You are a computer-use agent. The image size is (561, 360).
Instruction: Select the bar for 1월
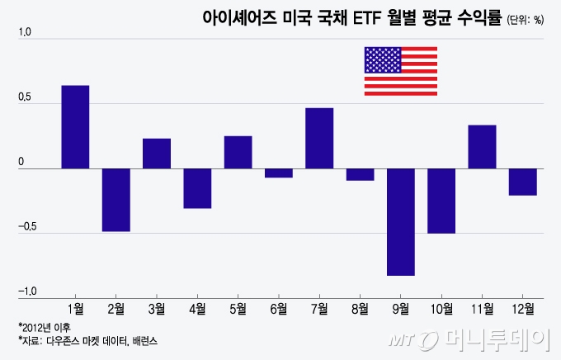click(x=75, y=127)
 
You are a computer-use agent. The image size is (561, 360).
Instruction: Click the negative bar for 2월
click(x=115, y=200)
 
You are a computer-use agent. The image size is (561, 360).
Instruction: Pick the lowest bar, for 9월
click(x=401, y=221)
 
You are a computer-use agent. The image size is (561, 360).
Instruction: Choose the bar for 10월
click(x=441, y=201)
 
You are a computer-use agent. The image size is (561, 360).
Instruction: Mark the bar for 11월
click(x=482, y=147)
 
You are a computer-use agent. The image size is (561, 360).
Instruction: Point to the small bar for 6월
click(x=279, y=173)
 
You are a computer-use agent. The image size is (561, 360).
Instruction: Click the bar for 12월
click(x=523, y=182)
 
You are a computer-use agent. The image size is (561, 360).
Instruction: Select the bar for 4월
click(x=197, y=188)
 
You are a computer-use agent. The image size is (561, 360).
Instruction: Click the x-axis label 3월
click(x=157, y=309)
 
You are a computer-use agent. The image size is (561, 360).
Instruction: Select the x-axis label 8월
click(x=361, y=309)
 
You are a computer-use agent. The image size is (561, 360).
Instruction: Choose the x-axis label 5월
click(x=238, y=309)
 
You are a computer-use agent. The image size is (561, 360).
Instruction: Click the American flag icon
click(x=400, y=71)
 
